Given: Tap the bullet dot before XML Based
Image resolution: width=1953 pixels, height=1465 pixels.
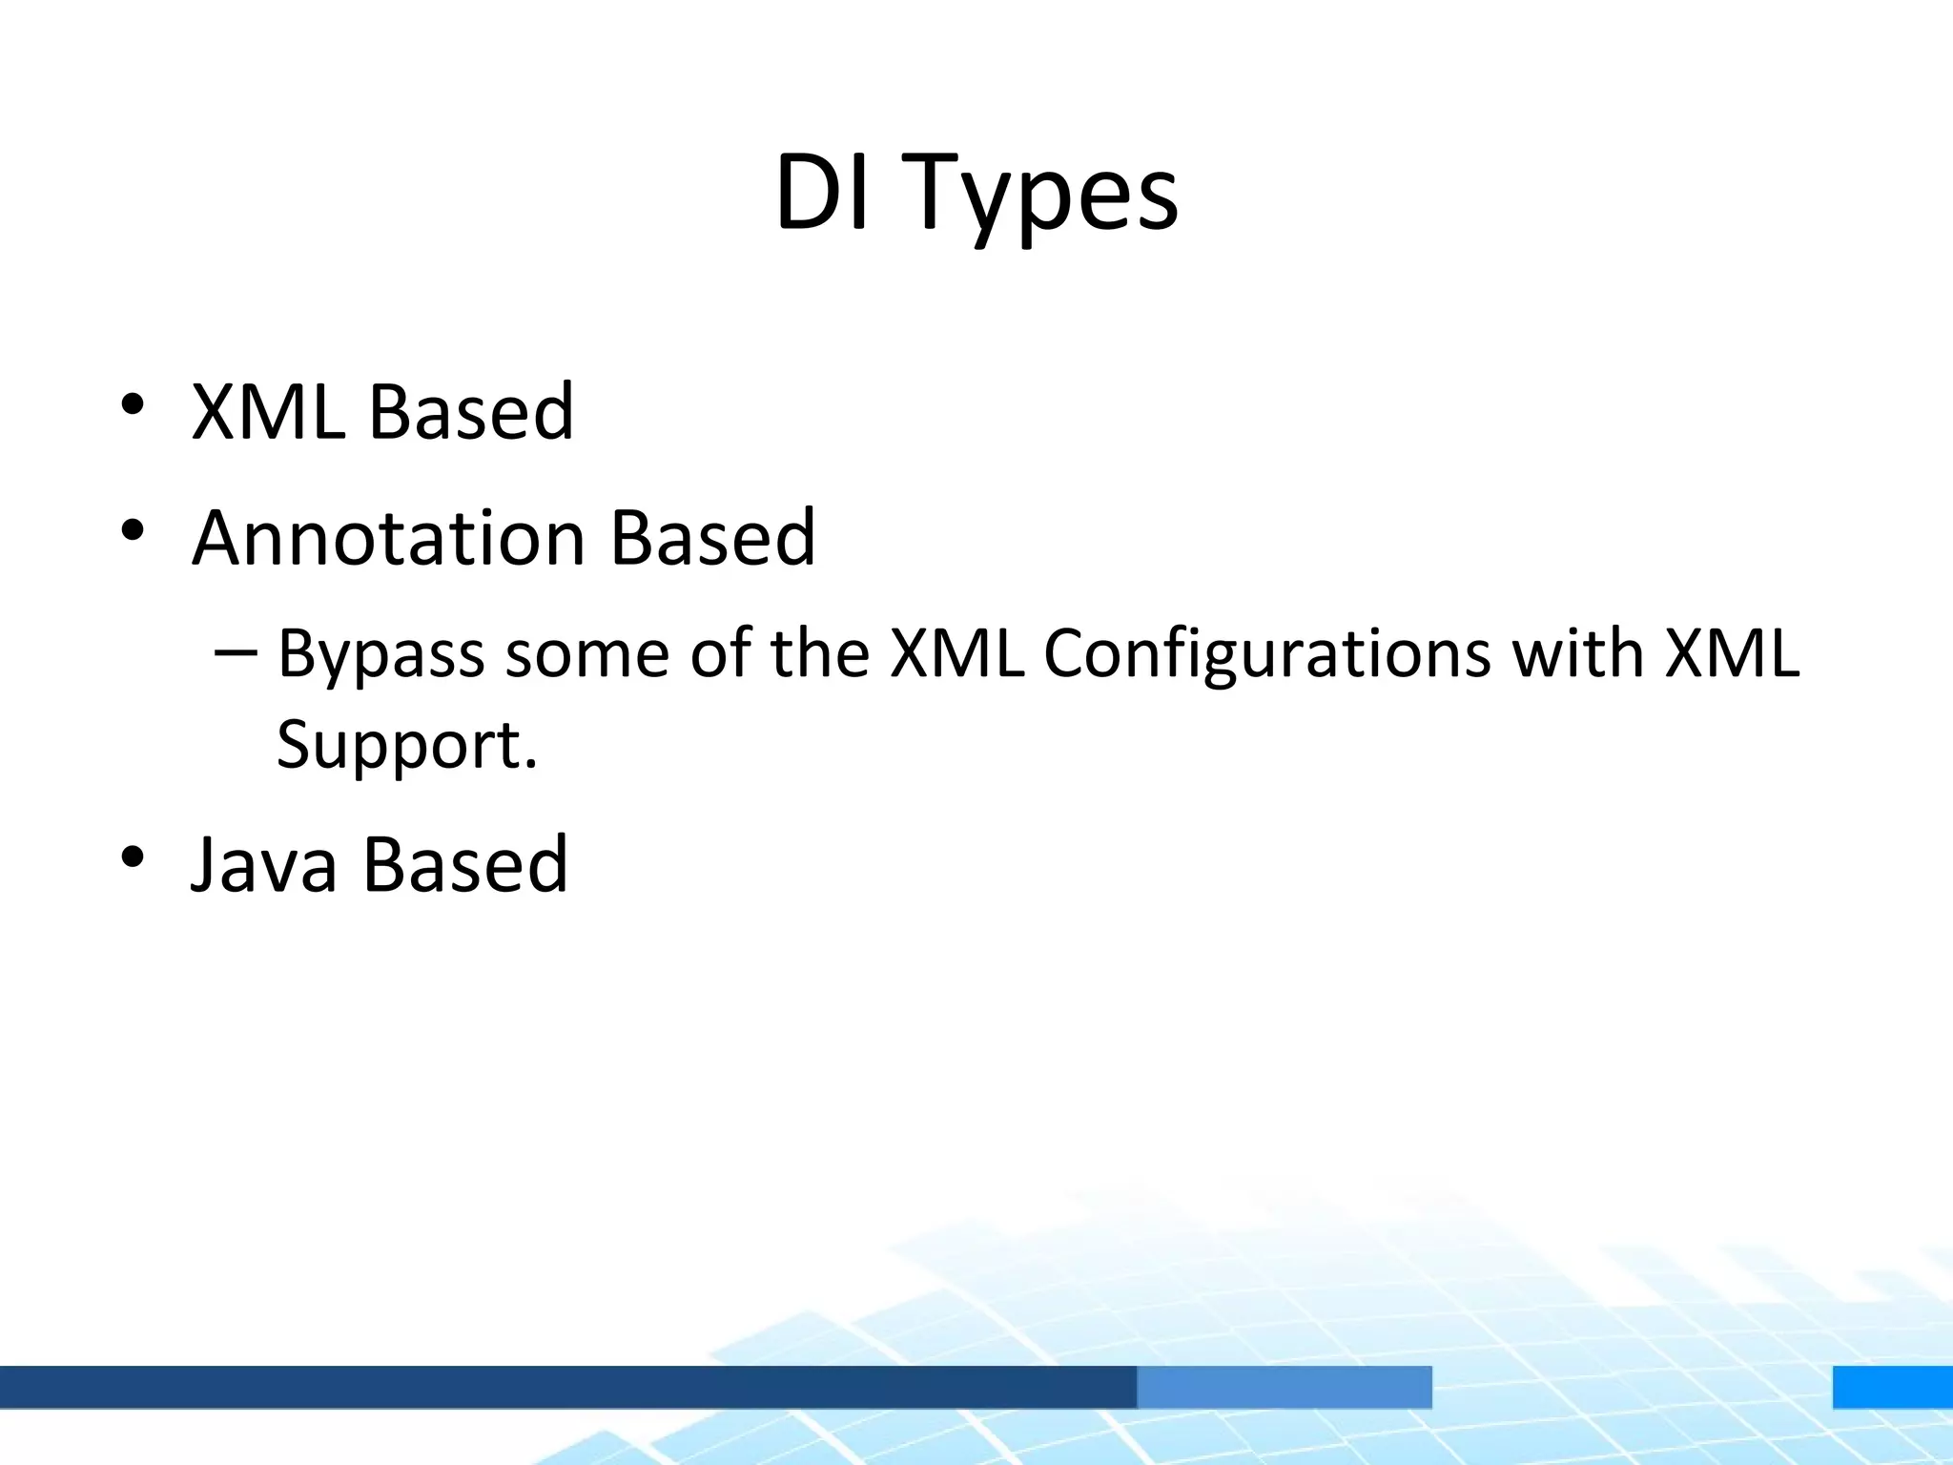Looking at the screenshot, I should (x=133, y=404).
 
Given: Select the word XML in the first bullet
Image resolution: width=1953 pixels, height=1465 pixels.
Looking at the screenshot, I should (x=268, y=412).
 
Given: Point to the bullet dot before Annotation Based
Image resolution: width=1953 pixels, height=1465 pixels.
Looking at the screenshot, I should (x=133, y=530).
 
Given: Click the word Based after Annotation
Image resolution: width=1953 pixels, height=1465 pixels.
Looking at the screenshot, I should (x=712, y=538).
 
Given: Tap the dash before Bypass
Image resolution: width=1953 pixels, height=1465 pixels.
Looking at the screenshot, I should (x=236, y=653).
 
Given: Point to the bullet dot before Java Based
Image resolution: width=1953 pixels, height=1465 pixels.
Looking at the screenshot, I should (x=133, y=856).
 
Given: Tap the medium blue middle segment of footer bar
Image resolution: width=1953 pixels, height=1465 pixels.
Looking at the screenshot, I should (x=1284, y=1386).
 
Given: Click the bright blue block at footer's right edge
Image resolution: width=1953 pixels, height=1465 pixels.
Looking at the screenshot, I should (x=1892, y=1386).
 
